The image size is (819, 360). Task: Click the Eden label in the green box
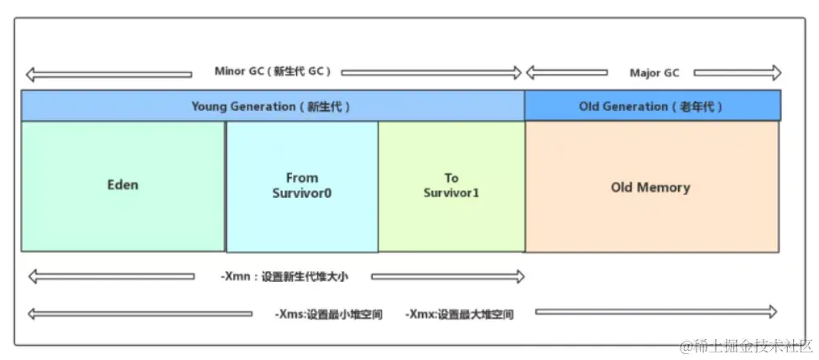[123, 185]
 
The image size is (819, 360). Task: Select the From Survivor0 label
[301, 185]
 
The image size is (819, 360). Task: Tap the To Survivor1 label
[451, 185]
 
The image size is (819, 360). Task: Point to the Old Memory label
[650, 187]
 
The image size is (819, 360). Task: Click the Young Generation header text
[270, 107]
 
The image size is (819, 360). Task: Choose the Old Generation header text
[650, 107]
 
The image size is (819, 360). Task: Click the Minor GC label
[273, 71]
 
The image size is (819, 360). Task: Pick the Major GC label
[655, 73]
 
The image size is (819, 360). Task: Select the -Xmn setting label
[284, 276]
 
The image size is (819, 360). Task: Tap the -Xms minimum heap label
[328, 315]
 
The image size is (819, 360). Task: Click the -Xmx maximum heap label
[459, 315]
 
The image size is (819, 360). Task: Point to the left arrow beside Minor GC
[108, 74]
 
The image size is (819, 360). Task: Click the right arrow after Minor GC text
[431, 73]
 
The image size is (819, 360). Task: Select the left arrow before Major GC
[566, 73]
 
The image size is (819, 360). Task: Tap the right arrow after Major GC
[738, 73]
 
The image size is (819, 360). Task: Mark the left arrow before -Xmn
[112, 276]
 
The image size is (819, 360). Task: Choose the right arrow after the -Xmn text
[448, 276]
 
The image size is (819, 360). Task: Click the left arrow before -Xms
[139, 314]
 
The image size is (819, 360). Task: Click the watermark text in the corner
[746, 346]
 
